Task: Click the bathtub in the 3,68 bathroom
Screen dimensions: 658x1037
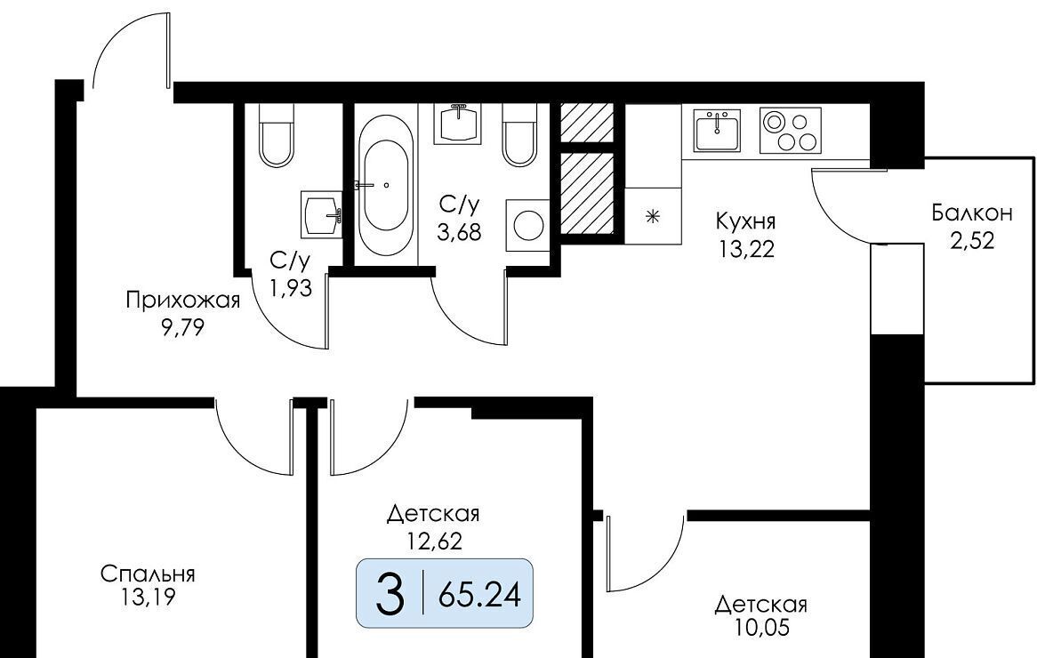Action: [386, 184]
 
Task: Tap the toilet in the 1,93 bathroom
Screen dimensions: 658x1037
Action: [277, 136]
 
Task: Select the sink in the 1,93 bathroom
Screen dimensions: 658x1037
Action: [322, 213]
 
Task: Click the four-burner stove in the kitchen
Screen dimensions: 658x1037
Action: [790, 132]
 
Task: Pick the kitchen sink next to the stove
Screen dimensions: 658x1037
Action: [717, 132]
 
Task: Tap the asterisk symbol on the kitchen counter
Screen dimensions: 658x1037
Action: [653, 216]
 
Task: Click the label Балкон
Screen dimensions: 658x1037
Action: [972, 213]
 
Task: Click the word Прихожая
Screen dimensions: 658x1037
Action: [182, 301]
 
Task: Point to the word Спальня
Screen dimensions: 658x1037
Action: [148, 574]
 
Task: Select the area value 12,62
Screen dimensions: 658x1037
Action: [432, 539]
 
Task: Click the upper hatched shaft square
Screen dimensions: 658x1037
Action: [586, 122]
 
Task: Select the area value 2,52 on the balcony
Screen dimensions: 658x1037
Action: [972, 240]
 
